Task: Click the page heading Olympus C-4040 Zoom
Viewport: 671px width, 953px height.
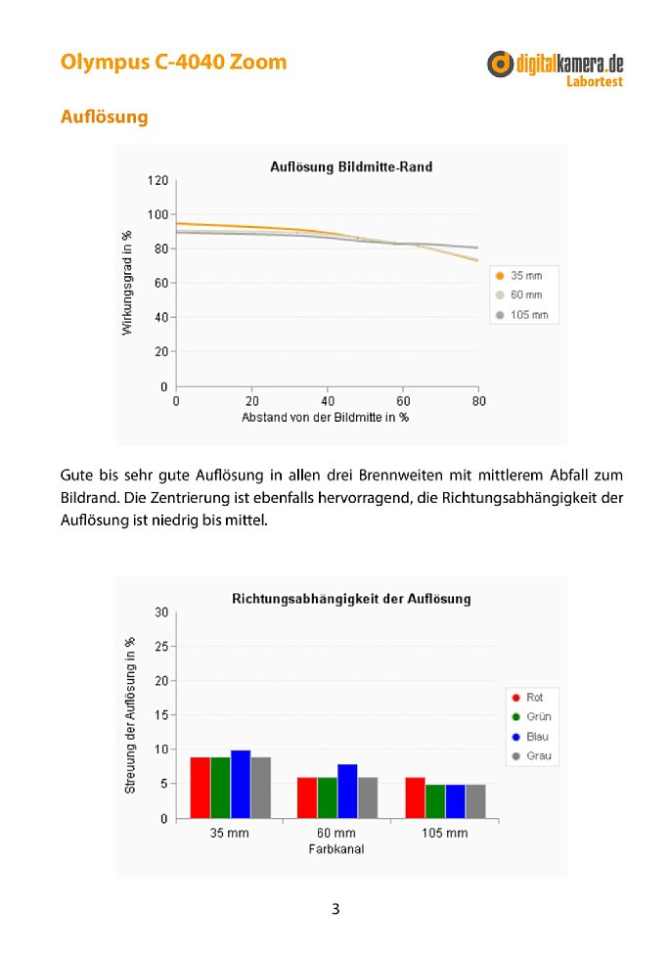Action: tap(173, 63)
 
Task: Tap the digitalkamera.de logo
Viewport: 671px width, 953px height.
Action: tap(555, 69)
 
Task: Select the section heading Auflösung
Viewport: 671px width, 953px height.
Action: tap(104, 116)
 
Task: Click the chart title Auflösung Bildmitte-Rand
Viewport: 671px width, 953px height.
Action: tap(351, 166)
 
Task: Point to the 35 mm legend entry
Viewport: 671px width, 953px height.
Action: tap(519, 275)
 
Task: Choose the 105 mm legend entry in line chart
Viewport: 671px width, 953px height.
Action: tap(522, 315)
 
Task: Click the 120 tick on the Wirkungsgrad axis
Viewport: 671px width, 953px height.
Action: tap(157, 180)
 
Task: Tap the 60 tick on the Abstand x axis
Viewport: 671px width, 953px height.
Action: tap(403, 401)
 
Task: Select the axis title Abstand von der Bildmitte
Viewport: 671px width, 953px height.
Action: tap(325, 418)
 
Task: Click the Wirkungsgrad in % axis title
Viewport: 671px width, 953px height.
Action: tap(127, 283)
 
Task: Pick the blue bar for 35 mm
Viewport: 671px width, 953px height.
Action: tap(241, 784)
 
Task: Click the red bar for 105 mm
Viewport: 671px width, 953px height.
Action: tap(415, 798)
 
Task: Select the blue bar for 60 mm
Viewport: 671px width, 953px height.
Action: tap(347, 792)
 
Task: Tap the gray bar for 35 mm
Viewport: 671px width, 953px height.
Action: tap(261, 788)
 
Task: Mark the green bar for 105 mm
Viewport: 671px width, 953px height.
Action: tap(435, 801)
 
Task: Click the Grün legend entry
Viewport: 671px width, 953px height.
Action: tap(532, 716)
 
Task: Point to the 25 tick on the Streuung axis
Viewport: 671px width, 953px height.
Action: tap(161, 647)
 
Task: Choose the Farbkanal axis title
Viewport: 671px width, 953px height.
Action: tap(336, 849)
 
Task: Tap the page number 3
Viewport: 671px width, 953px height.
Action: tap(335, 909)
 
